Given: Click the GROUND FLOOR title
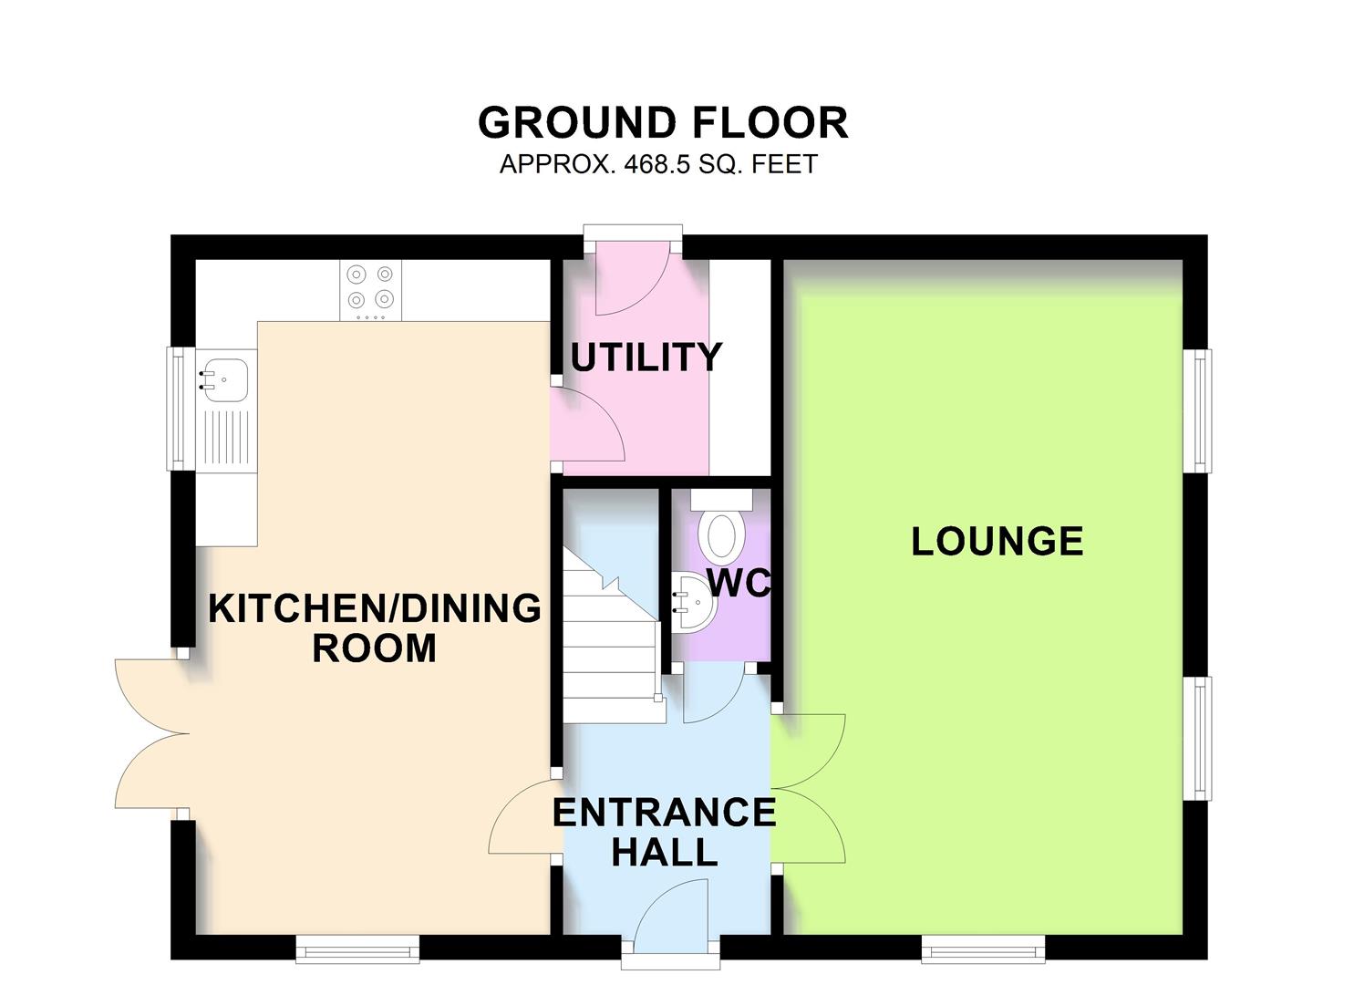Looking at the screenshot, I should [x=663, y=123].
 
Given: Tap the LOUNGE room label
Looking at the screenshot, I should [x=997, y=542].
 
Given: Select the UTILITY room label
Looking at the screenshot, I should [x=646, y=357].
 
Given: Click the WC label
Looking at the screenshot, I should [x=739, y=584].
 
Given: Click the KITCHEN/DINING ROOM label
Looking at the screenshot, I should [x=375, y=627].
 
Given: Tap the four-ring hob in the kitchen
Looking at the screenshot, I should [x=370, y=286].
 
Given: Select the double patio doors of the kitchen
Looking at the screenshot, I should [x=150, y=734].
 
